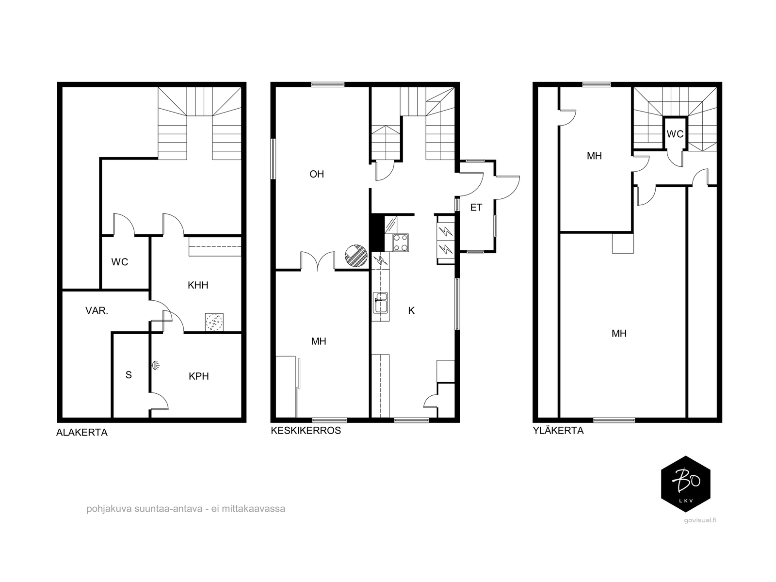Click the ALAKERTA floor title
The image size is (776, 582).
81,433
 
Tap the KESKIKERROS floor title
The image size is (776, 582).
306,430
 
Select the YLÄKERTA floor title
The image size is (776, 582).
558,430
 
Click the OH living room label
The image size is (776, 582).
316,174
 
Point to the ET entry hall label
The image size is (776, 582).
476,208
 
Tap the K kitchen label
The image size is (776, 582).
411,310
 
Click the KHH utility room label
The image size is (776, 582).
198,285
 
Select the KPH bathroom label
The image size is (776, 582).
199,376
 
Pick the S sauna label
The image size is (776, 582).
129,375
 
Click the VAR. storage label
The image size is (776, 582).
97,310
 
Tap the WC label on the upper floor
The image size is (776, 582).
675,134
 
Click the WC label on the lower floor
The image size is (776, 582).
119,262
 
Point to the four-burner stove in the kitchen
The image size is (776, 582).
401,242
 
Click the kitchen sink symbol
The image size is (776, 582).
380,303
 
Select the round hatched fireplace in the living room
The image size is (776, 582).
356,256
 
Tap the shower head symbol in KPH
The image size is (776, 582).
156,365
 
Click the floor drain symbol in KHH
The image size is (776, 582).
214,322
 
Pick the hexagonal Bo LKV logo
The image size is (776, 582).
685,484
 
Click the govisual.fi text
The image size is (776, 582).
700,520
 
